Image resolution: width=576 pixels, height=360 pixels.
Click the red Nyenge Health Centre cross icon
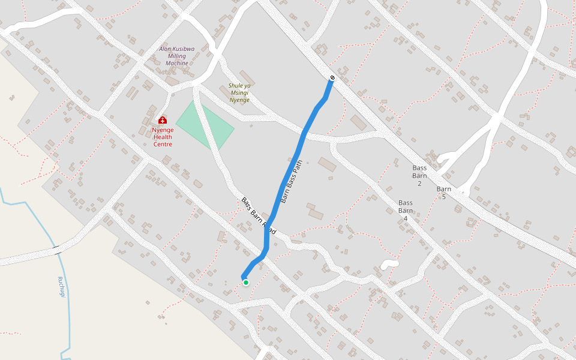163,120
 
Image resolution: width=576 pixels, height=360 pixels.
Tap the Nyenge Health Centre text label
163,137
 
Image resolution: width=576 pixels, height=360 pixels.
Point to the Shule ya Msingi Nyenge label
239,92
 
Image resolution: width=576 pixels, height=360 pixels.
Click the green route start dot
246,283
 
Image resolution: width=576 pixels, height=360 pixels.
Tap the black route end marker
332,78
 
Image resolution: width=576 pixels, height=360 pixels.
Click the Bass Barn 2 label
419,175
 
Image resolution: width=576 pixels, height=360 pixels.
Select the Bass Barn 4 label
406,210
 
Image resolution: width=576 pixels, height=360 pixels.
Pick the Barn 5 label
444,193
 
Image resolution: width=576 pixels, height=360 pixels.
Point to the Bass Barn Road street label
259,216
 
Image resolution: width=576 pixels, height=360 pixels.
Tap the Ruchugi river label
61,287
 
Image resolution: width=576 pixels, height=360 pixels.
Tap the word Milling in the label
177,56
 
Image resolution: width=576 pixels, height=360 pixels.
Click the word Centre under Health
163,144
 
